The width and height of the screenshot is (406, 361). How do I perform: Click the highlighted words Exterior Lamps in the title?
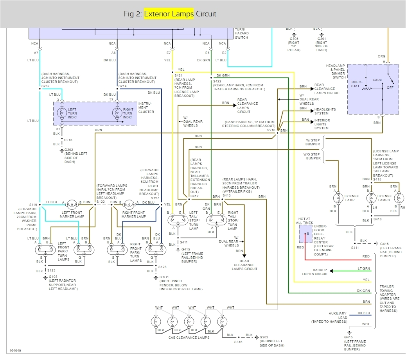tap(169, 14)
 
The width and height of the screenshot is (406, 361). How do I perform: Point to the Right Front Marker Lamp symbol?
tap(129, 203)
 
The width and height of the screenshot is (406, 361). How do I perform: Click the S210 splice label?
tap(271, 130)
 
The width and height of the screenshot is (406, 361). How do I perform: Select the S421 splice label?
tap(178, 75)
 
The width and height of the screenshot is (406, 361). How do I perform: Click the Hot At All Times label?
tap(305, 220)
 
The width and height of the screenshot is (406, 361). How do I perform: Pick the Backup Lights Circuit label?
tap(315, 272)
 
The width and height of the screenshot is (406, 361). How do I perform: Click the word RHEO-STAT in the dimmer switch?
tap(356, 84)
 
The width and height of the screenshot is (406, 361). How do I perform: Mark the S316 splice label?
tap(238, 341)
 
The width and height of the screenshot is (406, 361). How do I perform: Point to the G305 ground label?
tap(294, 39)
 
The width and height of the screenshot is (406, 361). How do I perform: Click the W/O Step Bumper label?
tap(312, 156)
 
